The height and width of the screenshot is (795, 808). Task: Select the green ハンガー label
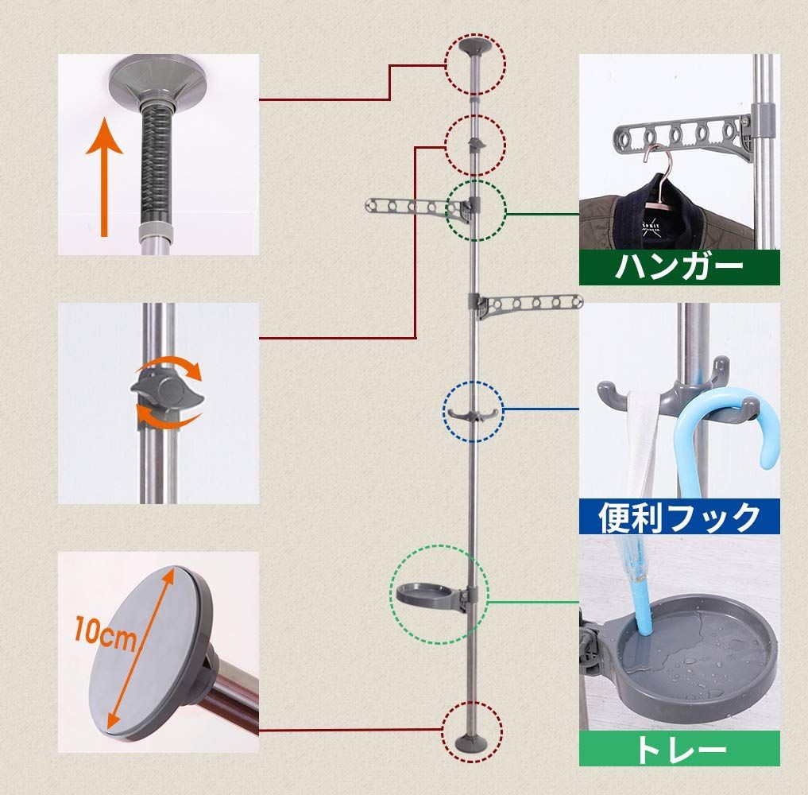pyautogui.click(x=678, y=266)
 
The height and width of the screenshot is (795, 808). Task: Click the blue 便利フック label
pyautogui.click(x=678, y=517)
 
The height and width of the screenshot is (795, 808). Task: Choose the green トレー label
pyautogui.click(x=678, y=748)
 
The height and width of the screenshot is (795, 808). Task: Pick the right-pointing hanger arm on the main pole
pyautogui.click(x=532, y=304)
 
